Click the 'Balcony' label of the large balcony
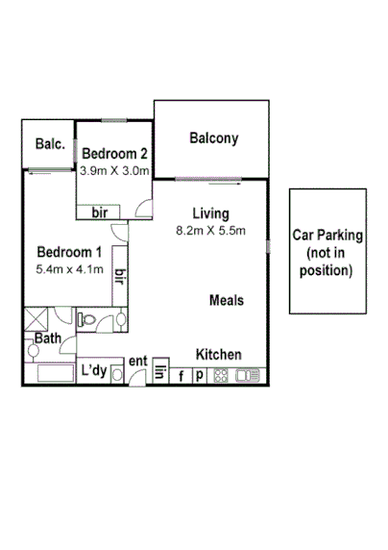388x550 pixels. click(x=213, y=138)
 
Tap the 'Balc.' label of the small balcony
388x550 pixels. click(x=49, y=144)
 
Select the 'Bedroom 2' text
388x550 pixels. click(x=114, y=153)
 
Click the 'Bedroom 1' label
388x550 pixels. click(x=66, y=253)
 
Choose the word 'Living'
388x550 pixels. click(x=210, y=213)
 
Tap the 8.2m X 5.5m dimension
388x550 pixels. click(x=210, y=230)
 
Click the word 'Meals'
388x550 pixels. click(x=227, y=300)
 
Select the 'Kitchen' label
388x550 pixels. click(x=219, y=354)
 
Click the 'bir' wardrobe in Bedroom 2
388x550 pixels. click(x=99, y=212)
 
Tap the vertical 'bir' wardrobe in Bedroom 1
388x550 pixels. click(x=120, y=277)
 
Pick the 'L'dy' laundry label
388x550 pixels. click(x=92, y=370)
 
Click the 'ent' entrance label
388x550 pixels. click(x=138, y=362)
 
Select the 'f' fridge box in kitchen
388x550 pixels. click(x=181, y=376)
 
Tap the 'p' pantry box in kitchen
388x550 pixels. click(x=200, y=376)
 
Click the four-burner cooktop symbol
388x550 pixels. click(x=221, y=376)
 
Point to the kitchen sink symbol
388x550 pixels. click(x=247, y=376)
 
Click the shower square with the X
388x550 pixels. click(x=36, y=320)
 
